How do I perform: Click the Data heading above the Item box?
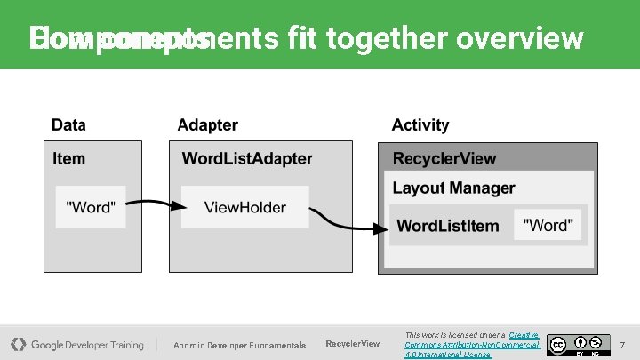pos(68,125)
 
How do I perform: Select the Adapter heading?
pos(208,125)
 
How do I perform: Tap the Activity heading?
pos(420,125)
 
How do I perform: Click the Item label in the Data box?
pos(69,159)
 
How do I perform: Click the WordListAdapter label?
pos(247,159)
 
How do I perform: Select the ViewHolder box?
pos(245,207)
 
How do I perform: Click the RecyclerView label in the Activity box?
pos(444,159)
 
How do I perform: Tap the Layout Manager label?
pos(453,188)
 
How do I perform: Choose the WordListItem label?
pos(448,226)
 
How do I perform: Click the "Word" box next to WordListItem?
pos(548,226)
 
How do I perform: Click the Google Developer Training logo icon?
pos(18,344)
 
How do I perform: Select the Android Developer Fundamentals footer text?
pos(239,345)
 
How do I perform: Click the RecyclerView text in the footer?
pos(353,344)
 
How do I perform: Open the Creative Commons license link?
pos(472,344)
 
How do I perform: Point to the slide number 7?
pos(622,344)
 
